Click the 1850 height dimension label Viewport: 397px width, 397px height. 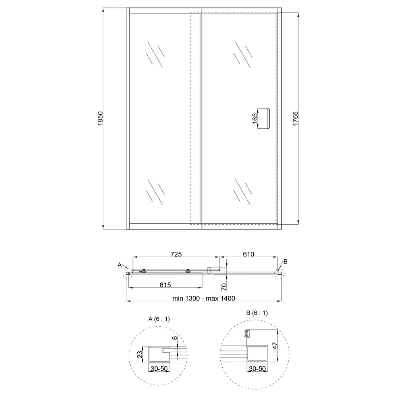coord(100,118)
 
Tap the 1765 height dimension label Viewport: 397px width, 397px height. coord(295,118)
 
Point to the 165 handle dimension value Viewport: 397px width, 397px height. coord(255,118)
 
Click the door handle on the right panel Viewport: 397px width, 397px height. coord(268,118)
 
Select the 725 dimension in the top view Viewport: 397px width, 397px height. coord(176,254)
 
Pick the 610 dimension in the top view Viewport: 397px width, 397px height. coord(249,254)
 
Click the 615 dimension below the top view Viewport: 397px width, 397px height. coord(165,285)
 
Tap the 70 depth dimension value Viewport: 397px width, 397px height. coord(224,287)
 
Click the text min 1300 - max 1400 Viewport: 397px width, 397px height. coord(204,298)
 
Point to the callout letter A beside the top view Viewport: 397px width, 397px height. coord(120,264)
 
